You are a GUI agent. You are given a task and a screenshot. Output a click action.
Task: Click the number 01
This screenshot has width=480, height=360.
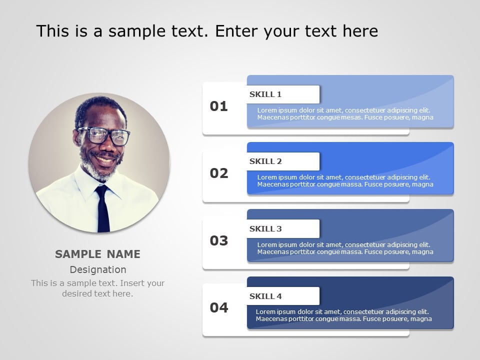pyautogui.click(x=218, y=106)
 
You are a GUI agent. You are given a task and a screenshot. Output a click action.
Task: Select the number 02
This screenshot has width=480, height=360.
pyautogui.click(x=219, y=173)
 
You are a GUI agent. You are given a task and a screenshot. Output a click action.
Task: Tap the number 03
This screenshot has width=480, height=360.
pyautogui.click(x=219, y=240)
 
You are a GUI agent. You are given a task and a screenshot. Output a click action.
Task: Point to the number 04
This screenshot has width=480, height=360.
pyautogui.click(x=219, y=307)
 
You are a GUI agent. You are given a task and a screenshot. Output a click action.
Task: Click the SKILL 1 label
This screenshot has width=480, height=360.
pyautogui.click(x=265, y=94)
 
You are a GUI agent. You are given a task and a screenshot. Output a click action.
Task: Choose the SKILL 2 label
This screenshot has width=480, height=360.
pyautogui.click(x=265, y=161)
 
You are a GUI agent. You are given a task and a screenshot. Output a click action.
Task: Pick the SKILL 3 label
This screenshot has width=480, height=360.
pyautogui.click(x=265, y=228)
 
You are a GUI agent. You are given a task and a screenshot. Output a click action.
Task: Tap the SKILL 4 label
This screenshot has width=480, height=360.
pyautogui.click(x=265, y=296)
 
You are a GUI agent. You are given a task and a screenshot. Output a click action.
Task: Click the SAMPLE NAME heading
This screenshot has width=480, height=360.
pyautogui.click(x=97, y=254)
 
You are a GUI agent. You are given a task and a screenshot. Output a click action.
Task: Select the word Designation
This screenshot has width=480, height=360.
pyautogui.click(x=98, y=269)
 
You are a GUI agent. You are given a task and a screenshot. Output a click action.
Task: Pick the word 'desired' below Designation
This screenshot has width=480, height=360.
pyautogui.click(x=77, y=293)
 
